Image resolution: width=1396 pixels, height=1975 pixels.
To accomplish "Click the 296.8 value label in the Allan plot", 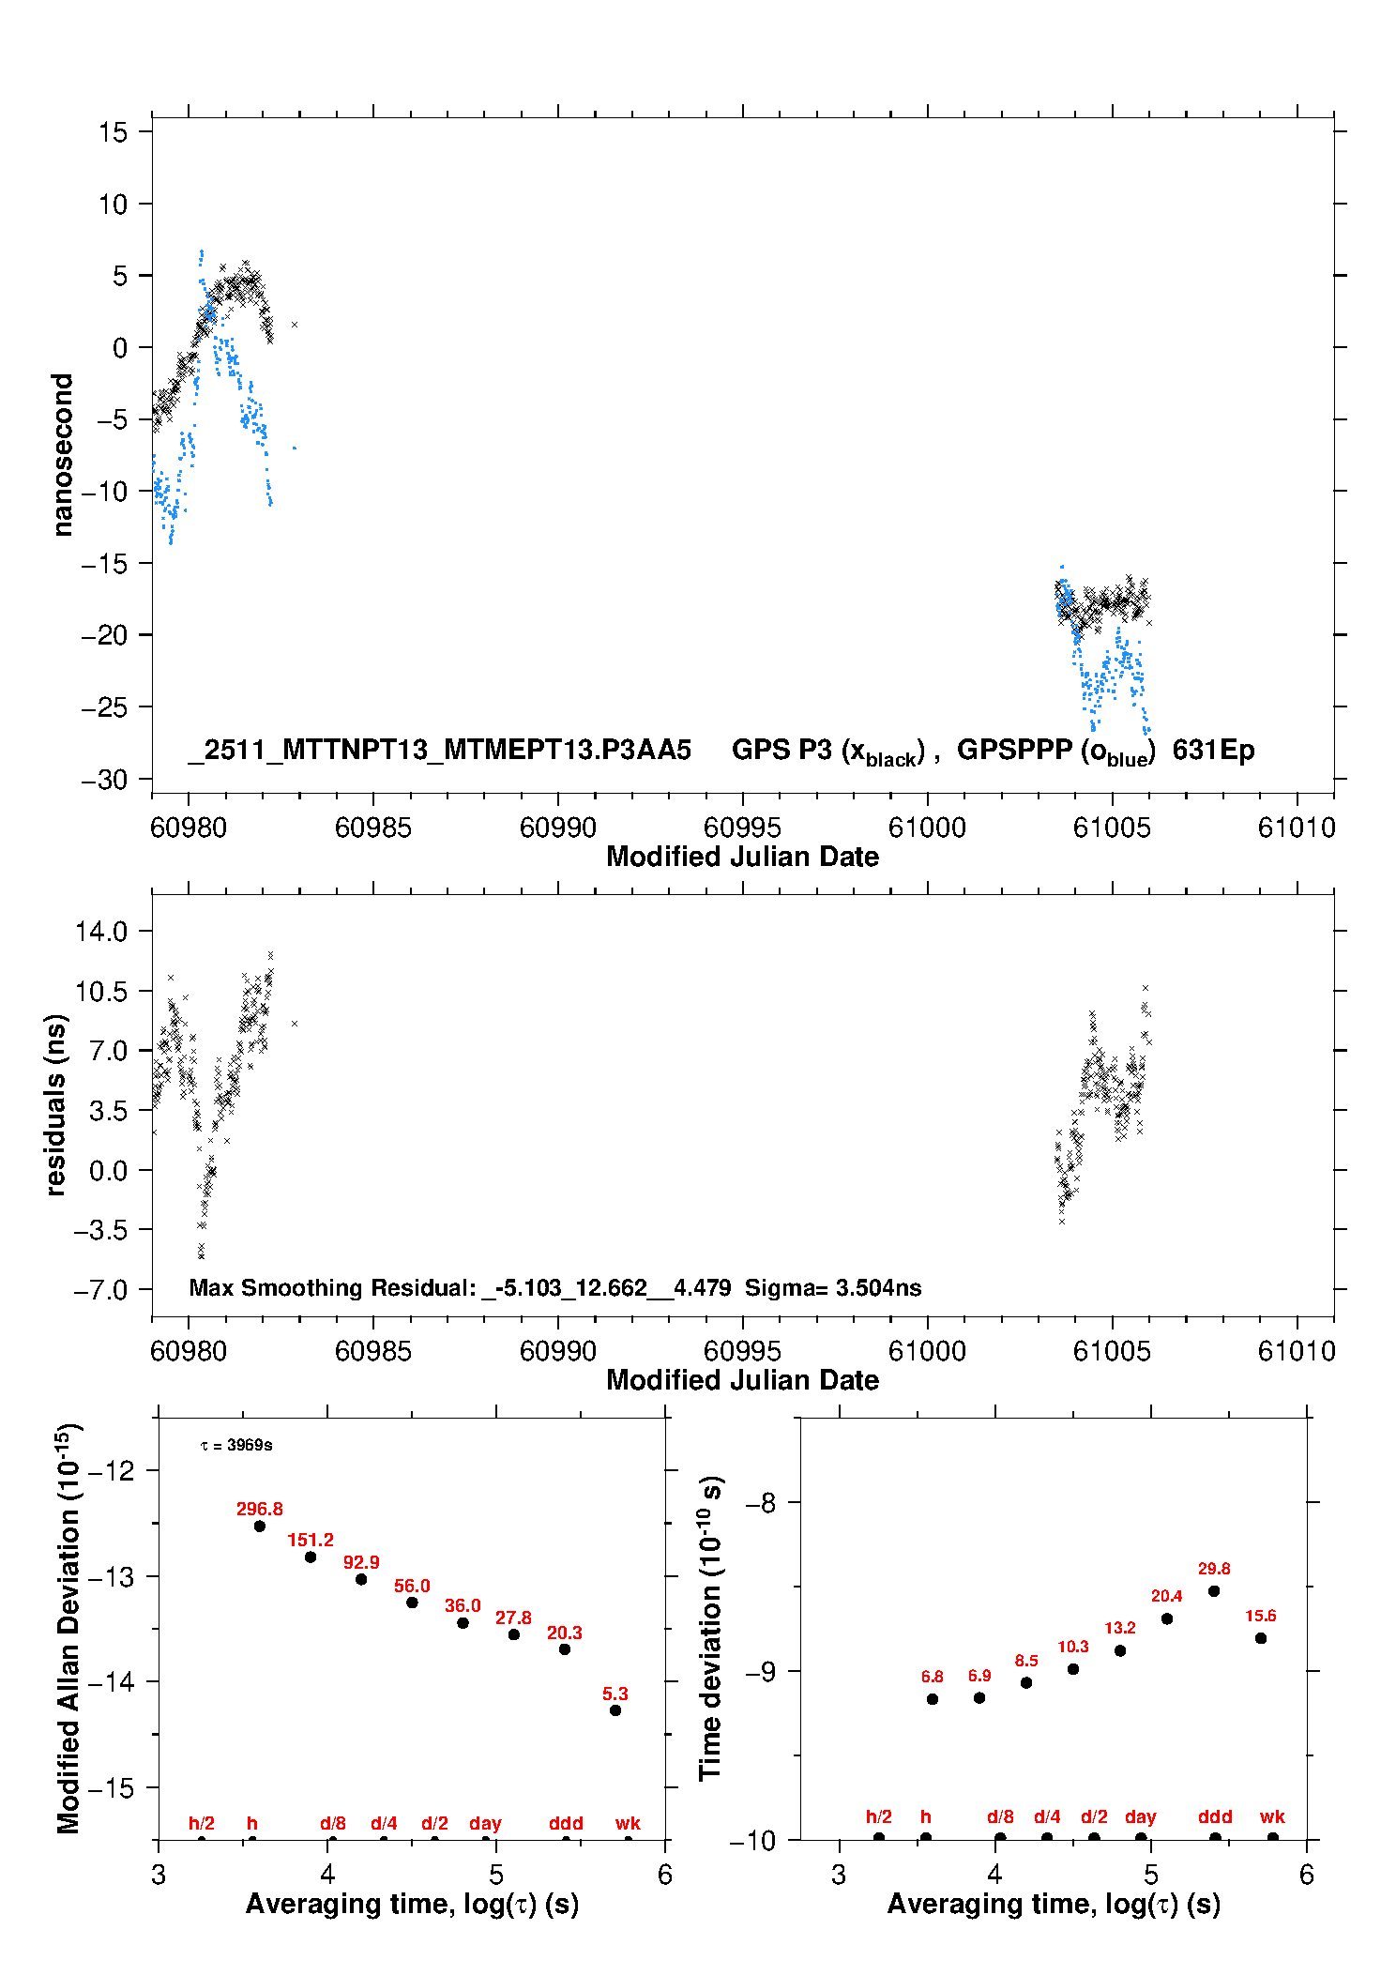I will [259, 1509].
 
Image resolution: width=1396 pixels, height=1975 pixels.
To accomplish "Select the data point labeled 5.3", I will [615, 1710].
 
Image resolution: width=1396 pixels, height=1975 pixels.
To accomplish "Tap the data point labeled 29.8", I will [1214, 1591].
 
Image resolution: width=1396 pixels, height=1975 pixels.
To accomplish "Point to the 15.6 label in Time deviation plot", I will [1260, 1616].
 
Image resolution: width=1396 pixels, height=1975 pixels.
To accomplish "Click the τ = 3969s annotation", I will [236, 1445].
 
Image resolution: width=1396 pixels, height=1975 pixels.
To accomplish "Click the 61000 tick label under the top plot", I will [927, 828].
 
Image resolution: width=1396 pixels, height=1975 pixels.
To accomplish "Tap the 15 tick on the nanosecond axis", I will [113, 132].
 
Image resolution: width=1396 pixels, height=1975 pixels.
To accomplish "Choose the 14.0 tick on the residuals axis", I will [101, 932].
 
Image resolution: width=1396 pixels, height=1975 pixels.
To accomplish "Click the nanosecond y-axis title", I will [63, 455].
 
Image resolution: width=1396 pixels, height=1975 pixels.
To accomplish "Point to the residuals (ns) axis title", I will [56, 1104].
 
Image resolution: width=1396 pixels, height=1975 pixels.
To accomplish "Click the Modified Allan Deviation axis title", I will [68, 1628].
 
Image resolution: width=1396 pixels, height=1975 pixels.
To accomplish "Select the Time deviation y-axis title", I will [710, 1628].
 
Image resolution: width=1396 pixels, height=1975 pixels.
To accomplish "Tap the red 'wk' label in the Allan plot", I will [628, 1823].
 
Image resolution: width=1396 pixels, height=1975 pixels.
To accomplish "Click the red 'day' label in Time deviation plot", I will [1140, 1816].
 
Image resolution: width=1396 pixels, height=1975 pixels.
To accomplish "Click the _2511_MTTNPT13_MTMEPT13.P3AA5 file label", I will [440, 751].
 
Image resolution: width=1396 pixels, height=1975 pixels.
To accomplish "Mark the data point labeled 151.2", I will [311, 1557].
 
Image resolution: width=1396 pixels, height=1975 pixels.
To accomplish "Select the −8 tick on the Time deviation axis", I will [761, 1503].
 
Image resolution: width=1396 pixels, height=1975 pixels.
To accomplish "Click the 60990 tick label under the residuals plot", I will [557, 1351].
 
